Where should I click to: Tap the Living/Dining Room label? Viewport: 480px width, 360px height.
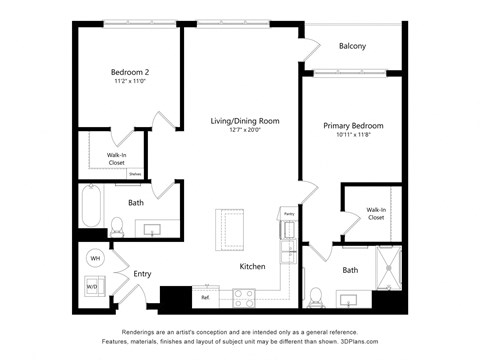point(244,121)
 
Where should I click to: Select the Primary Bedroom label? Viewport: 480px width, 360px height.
point(353,126)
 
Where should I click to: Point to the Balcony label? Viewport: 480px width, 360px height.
point(352,46)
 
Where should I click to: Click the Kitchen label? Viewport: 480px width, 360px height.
point(253,266)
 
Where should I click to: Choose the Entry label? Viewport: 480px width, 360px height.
point(142,273)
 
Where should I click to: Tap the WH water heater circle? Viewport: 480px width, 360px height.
point(96,259)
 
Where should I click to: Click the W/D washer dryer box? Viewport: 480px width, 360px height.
point(93,286)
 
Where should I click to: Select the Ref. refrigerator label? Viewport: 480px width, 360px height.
point(205,297)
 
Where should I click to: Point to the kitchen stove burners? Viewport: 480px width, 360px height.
point(243,294)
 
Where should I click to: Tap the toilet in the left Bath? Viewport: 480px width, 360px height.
point(116,226)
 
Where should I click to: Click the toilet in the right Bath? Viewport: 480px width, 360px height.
point(315,296)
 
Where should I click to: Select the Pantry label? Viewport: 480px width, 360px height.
point(288,214)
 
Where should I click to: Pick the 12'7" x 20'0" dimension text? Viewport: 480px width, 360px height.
point(244,130)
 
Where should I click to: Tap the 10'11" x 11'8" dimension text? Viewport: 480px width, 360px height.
point(353,136)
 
